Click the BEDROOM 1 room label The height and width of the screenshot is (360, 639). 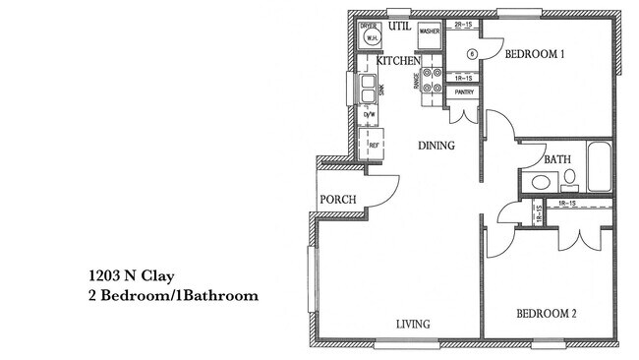[x=534, y=55]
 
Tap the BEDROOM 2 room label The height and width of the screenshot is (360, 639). [x=546, y=315]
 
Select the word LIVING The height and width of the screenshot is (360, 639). [x=412, y=324]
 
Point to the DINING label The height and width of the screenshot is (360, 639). [x=436, y=146]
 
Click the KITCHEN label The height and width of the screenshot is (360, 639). [x=398, y=61]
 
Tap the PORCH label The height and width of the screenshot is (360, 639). [x=338, y=201]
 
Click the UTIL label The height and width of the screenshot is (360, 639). [x=399, y=27]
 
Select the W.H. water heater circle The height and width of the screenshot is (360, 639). [x=372, y=38]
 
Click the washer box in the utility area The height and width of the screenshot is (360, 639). [x=429, y=32]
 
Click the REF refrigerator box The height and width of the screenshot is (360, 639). [x=374, y=146]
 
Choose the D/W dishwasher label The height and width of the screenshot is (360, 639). [x=371, y=116]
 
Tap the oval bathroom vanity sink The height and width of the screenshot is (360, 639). [x=538, y=182]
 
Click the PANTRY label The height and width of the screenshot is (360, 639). [x=464, y=93]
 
